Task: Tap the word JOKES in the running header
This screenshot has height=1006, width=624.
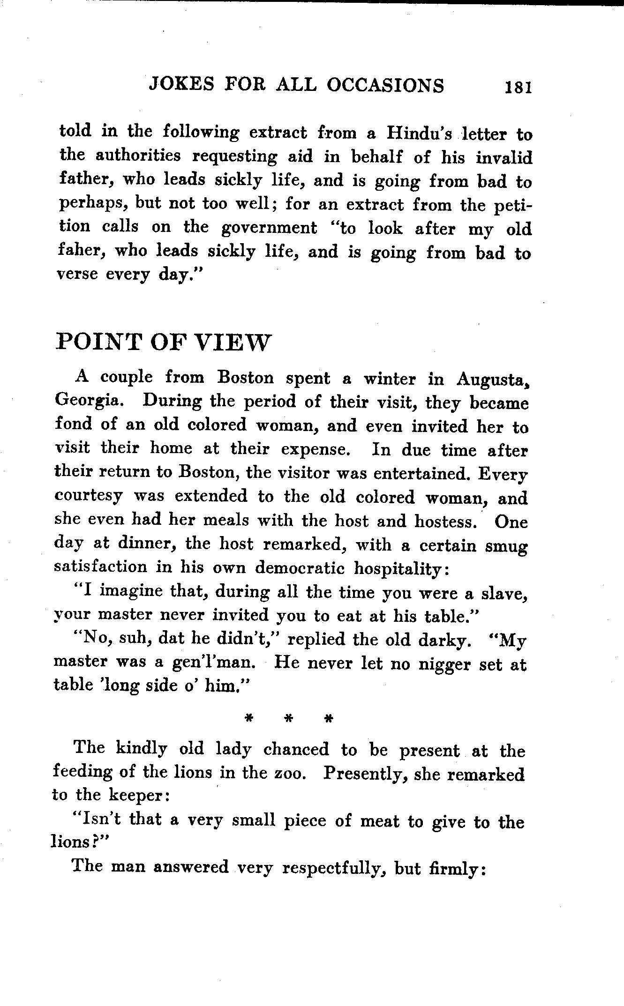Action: click(x=179, y=85)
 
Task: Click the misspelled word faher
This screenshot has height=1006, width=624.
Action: click(x=79, y=251)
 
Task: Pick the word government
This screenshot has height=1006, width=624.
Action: click(x=269, y=228)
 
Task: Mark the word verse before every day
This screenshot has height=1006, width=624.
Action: click(x=77, y=274)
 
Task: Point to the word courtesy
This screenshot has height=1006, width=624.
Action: click(x=88, y=497)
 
